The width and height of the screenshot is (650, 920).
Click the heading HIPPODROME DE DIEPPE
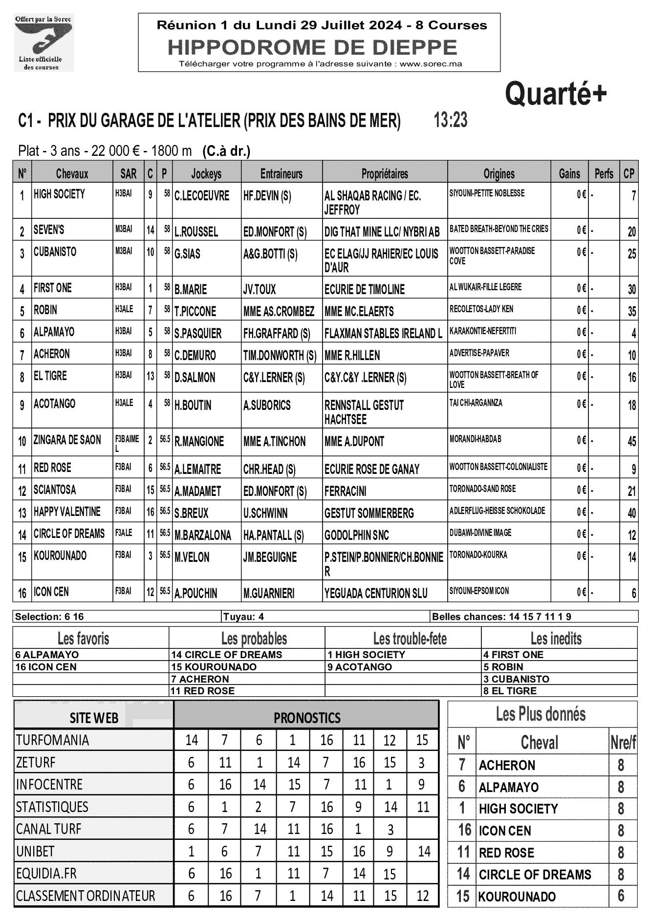[312, 47]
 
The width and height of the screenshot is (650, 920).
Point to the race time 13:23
[450, 120]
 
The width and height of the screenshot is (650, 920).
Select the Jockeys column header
[206, 173]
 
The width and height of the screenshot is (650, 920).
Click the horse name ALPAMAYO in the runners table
[54, 332]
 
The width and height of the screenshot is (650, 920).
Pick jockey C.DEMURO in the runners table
[195, 355]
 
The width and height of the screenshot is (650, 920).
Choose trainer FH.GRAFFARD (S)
[276, 334]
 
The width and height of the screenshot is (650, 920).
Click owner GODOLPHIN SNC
[356, 535]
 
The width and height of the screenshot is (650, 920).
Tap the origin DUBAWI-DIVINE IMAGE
[480, 533]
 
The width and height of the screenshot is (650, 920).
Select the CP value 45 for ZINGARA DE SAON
[631, 442]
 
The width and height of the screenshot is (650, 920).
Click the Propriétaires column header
[385, 173]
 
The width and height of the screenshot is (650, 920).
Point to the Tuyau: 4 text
[243, 617]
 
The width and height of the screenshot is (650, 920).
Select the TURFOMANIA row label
[52, 740]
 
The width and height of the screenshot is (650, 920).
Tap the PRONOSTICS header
[306, 718]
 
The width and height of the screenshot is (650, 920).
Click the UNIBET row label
[35, 852]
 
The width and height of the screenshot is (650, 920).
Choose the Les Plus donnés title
[541, 714]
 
